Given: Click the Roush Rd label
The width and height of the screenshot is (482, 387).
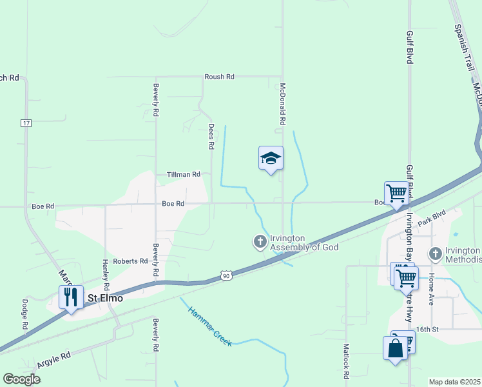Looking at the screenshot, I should point(219,77).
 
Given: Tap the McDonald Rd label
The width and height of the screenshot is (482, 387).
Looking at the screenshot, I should point(282,103).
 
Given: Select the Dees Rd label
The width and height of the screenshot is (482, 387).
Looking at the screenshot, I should point(211,137).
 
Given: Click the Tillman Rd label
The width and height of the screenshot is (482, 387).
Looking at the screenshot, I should point(184,174).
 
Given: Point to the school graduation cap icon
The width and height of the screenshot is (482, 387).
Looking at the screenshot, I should point(271,157).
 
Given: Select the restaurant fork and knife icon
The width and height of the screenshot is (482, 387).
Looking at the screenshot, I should point(71,297).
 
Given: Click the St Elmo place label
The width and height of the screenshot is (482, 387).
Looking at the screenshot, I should point(105,299).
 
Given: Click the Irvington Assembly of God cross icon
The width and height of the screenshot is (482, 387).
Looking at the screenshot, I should point(260,242).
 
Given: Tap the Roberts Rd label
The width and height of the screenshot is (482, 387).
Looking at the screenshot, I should point(130,261).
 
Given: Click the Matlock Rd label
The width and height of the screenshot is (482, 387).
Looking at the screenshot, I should point(346,364).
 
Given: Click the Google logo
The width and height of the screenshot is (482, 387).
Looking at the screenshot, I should point(21,379).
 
